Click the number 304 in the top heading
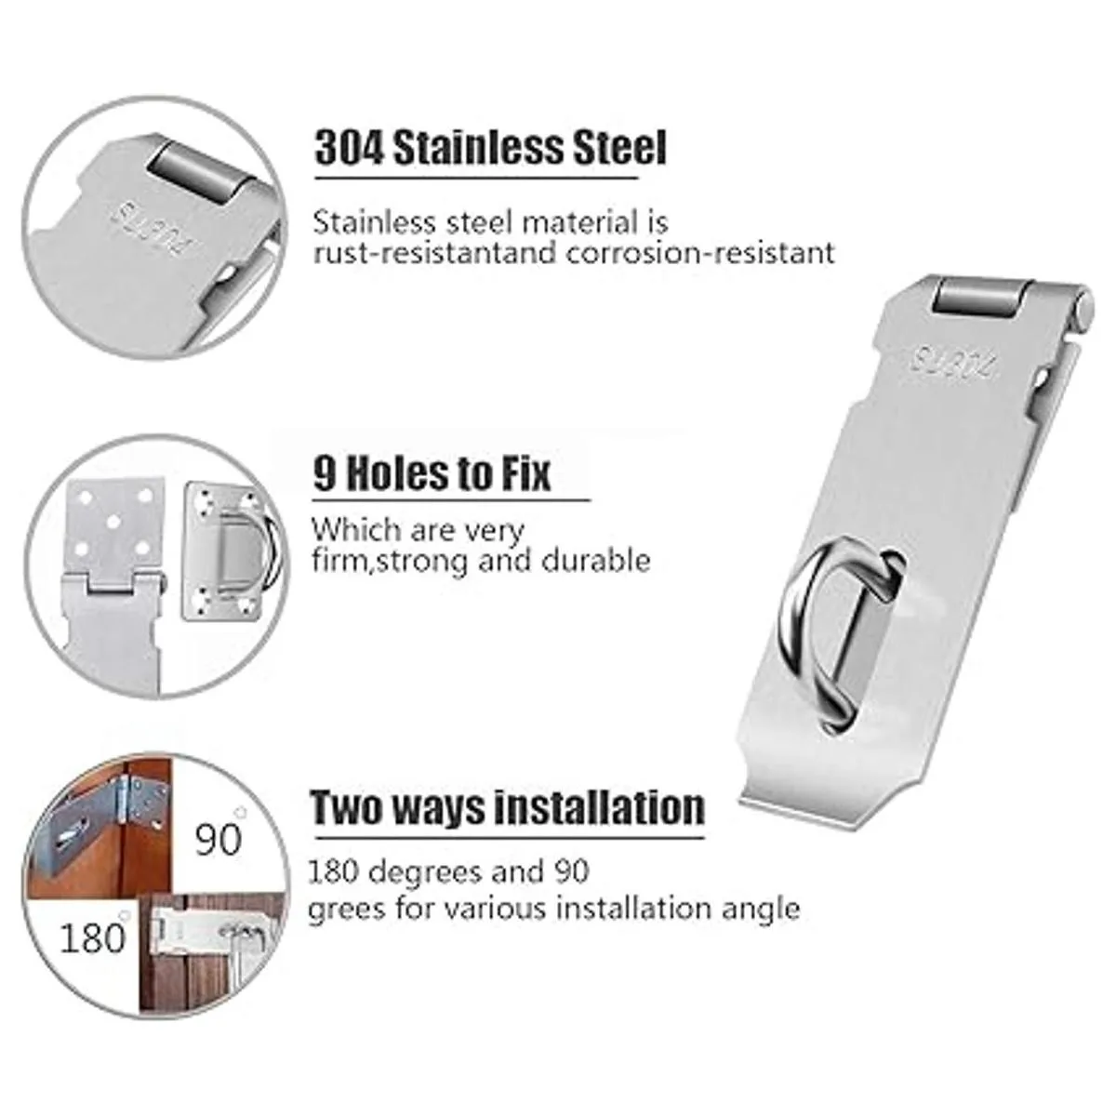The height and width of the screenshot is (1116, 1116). (348, 148)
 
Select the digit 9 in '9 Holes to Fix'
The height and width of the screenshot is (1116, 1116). (325, 473)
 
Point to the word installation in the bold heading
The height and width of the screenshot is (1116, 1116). (599, 807)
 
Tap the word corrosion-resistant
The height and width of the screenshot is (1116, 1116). (701, 253)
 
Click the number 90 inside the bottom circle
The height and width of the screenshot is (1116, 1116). (218, 839)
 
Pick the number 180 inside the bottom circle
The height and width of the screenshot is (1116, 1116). (93, 937)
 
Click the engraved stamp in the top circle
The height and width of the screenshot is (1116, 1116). (153, 232)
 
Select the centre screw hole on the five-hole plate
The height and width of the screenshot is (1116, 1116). (114, 523)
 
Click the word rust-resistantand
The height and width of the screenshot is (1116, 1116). (435, 253)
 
